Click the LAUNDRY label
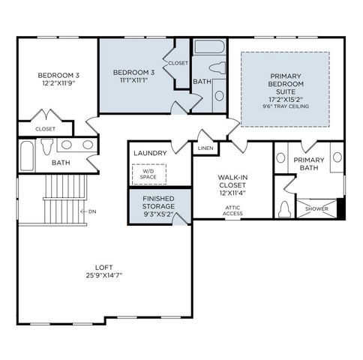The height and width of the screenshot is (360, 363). tap(150, 153)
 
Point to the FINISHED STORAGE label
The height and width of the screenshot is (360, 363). tap(158, 201)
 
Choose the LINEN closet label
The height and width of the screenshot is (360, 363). tap(205, 148)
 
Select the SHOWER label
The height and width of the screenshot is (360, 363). tap(316, 208)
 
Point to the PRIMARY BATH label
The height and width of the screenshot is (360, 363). tap(308, 163)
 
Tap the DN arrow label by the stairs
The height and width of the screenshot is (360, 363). tap(91, 211)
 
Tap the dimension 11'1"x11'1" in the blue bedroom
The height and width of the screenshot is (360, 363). tap(133, 81)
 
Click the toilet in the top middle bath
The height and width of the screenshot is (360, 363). tap(218, 68)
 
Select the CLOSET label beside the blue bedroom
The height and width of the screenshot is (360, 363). tap(178, 63)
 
